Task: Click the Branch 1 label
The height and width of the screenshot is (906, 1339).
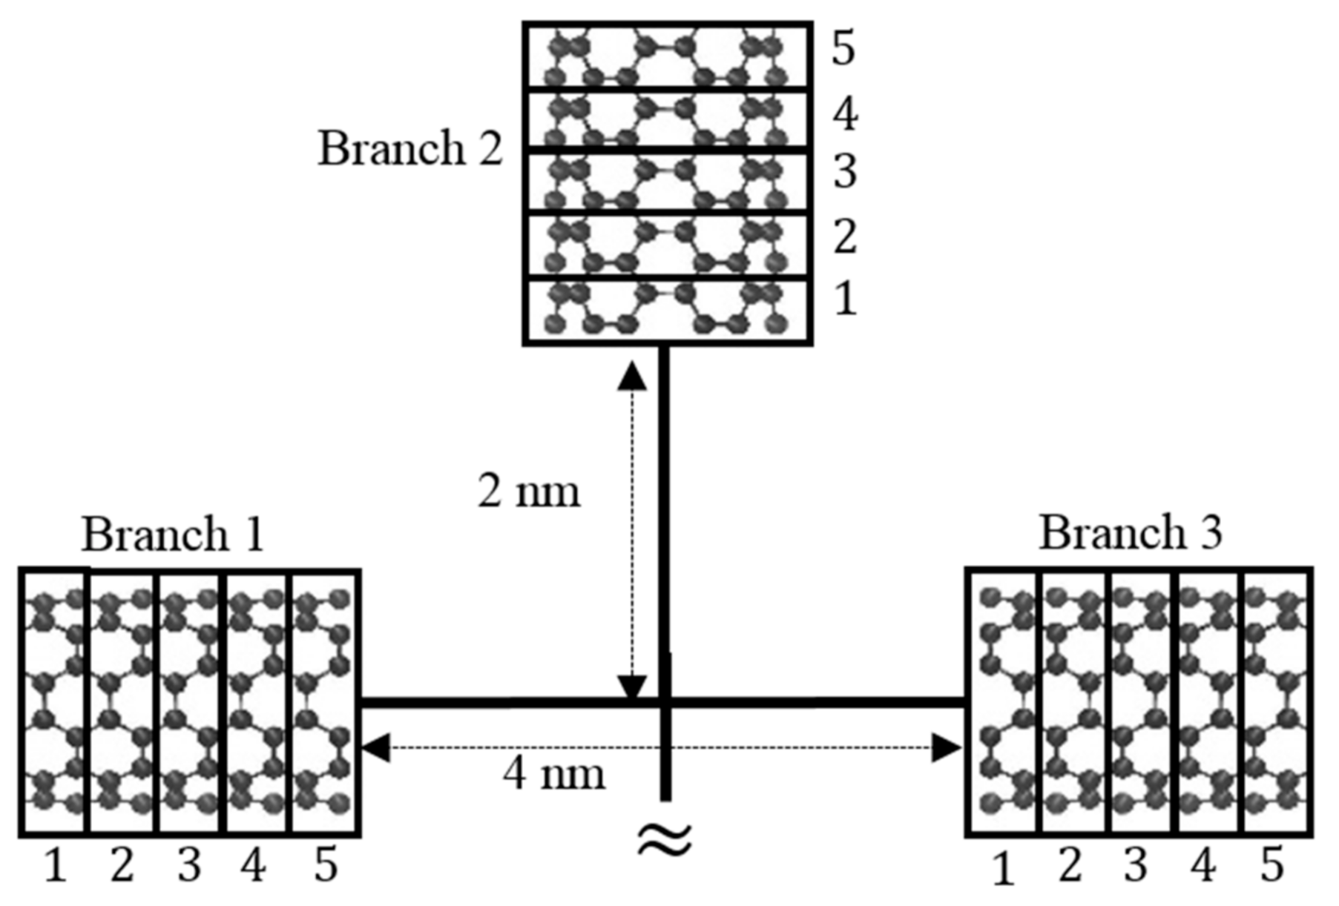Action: [x=172, y=534]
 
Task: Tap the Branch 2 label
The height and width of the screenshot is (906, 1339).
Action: [x=410, y=148]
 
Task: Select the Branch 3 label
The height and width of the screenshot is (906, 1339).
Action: [x=1130, y=532]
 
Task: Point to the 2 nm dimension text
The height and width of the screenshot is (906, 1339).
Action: [x=528, y=491]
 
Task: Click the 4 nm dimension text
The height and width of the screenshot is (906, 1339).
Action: [x=553, y=774]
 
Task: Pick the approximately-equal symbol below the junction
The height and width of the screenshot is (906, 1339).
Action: [x=665, y=840]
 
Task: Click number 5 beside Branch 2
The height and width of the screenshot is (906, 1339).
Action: [x=843, y=49]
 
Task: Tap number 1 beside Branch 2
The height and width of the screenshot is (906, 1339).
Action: [x=845, y=299]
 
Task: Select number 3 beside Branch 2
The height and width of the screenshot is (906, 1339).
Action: [x=844, y=172]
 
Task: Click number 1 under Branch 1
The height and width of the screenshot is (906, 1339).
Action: [x=55, y=865]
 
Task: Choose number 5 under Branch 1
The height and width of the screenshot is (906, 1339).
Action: [x=325, y=865]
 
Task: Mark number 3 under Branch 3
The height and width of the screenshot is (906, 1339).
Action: [x=1135, y=865]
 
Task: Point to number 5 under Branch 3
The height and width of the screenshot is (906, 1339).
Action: [x=1271, y=865]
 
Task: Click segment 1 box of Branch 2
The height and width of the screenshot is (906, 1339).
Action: [x=667, y=311]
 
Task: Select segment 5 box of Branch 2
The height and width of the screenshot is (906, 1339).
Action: [x=667, y=56]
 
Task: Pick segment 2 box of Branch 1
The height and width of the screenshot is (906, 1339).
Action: [x=123, y=701]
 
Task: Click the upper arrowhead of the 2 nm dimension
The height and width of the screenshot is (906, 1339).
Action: [x=632, y=377]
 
